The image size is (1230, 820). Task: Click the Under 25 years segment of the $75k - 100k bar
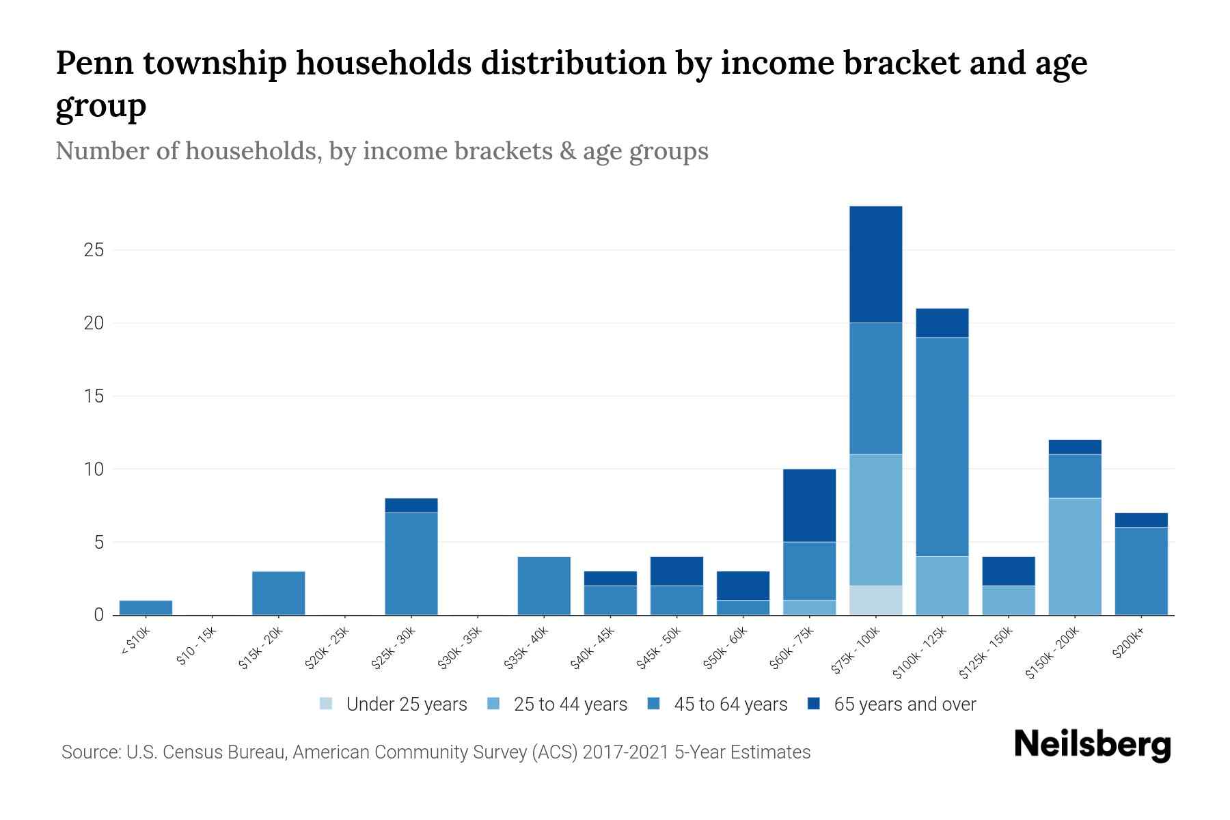(875, 600)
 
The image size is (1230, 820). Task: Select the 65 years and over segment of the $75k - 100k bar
(875, 264)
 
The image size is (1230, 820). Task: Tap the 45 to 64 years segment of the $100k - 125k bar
(942, 447)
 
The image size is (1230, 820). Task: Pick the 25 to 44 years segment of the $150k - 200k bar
(1075, 556)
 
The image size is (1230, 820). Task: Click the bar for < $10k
(146, 607)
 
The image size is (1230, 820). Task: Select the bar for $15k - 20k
(278, 593)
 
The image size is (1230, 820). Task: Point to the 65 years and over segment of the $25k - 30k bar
(411, 505)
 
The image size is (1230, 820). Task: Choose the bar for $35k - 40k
(544, 586)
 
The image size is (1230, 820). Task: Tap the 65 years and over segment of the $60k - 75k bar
(809, 505)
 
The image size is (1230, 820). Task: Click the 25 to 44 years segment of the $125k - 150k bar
(1008, 600)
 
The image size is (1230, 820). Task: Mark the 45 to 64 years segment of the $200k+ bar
(1141, 571)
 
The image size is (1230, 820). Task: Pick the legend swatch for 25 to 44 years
(493, 704)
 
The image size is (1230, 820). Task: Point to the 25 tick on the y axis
(94, 250)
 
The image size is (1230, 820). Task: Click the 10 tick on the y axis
(94, 469)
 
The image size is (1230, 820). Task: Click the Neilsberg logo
(1092, 745)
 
